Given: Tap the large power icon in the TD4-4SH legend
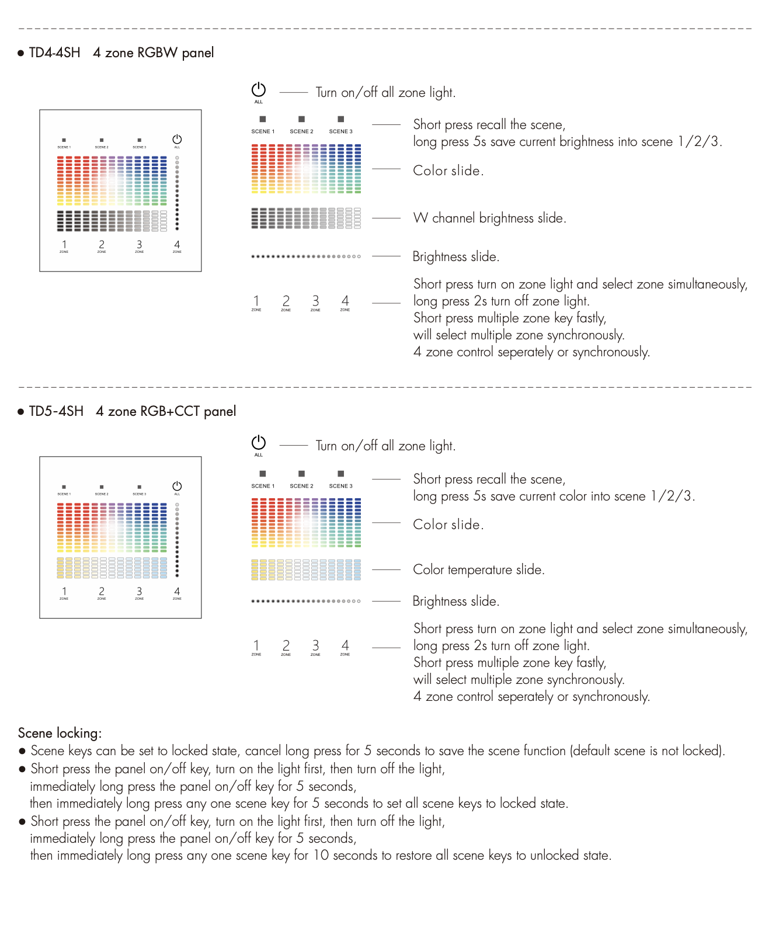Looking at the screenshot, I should [259, 90].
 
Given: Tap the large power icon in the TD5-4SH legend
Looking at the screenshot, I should [259, 443].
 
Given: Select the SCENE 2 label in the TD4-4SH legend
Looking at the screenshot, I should [301, 131].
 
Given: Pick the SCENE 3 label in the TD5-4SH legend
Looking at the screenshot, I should [340, 486].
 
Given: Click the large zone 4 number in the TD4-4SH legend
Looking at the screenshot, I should [345, 301].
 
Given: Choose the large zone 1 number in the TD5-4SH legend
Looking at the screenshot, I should [256, 645].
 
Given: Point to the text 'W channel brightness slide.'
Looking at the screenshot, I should [489, 218].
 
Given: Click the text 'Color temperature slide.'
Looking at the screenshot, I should [478, 570].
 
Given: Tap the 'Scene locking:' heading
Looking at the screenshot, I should [60, 734].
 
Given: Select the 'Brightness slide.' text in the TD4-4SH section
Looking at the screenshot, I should [455, 257].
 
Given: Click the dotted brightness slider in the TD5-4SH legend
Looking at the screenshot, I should [306, 601].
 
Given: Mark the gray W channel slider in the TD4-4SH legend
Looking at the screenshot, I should [306, 218].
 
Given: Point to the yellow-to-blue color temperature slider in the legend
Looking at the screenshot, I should [306, 569].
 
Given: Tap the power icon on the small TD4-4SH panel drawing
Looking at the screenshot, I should [177, 140].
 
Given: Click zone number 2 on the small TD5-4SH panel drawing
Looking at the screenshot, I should [102, 592].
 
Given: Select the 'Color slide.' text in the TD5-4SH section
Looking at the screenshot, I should [448, 525].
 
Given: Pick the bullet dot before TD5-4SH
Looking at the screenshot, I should [21, 412].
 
